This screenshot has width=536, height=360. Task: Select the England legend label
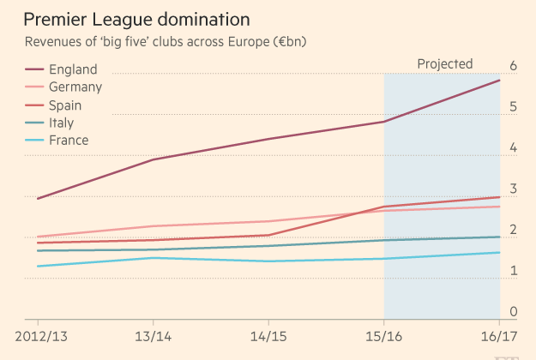pyautogui.click(x=73, y=69)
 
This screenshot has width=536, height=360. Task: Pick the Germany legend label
pyautogui.click(x=75, y=87)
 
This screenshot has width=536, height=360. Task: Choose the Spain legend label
pyautogui.click(x=65, y=105)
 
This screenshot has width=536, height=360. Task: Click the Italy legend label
pyautogui.click(x=61, y=123)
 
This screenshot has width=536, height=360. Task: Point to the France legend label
pyautogui.click(x=69, y=140)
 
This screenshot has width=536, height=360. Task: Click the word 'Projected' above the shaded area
pyautogui.click(x=444, y=63)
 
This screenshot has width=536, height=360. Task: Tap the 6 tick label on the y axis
pyautogui.click(x=513, y=66)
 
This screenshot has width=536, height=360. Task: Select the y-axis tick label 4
pyautogui.click(x=513, y=148)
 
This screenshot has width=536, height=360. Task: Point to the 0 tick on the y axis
pyautogui.click(x=513, y=312)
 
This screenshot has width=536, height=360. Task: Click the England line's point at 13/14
pyautogui.click(x=153, y=159)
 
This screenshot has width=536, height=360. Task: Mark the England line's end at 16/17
pyautogui.click(x=500, y=80)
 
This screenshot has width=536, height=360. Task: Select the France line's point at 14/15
pyautogui.click(x=268, y=261)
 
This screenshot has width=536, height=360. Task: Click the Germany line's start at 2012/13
pyautogui.click(x=38, y=237)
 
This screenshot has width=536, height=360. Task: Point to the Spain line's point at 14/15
pyautogui.click(x=268, y=235)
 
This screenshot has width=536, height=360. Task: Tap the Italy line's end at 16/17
pyautogui.click(x=500, y=237)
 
